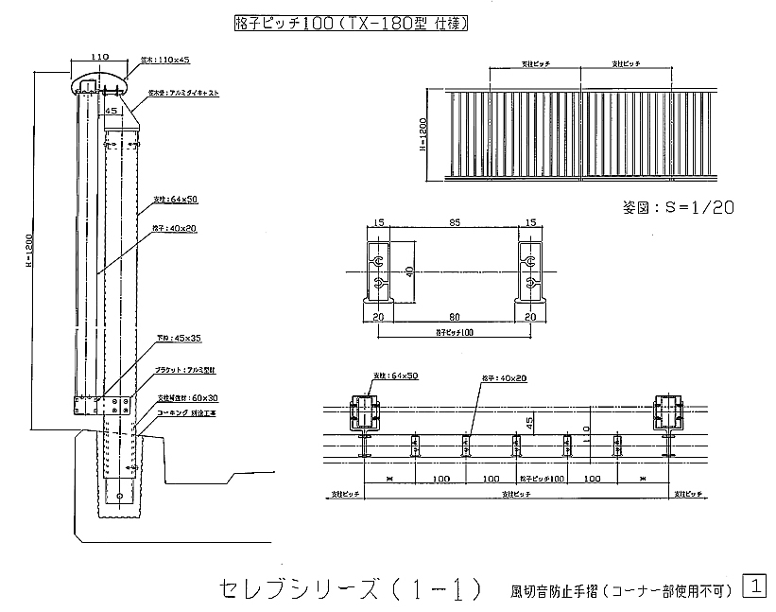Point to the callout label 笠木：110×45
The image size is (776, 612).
(165, 60)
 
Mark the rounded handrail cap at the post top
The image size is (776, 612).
(97, 84)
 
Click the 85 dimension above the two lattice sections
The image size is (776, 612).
(455, 222)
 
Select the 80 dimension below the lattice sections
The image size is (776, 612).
(455, 317)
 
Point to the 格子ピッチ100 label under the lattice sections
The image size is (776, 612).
(455, 333)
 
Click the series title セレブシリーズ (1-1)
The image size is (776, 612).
(350, 588)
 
